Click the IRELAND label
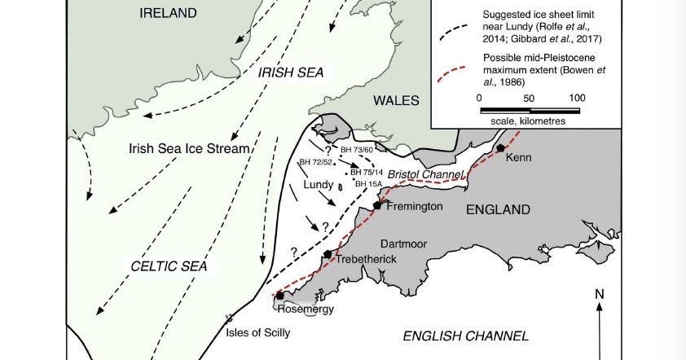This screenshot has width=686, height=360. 168,12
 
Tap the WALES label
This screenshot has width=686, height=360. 396,100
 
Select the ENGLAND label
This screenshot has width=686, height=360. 498,209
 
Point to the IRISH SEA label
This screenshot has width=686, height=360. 291,72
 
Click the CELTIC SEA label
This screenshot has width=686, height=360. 169,266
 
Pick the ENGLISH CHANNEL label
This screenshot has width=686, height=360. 466,335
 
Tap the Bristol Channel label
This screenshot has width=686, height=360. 424,174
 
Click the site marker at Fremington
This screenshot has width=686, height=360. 377,205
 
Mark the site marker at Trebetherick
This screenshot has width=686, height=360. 328,254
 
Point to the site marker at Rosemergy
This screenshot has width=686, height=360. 279,295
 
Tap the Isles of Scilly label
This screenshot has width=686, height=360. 257,332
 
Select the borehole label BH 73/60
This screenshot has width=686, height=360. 356,150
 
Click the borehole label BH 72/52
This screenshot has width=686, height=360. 315,162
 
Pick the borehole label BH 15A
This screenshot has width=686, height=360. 368,184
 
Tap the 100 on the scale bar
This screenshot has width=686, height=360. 577,98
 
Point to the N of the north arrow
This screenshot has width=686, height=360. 599,294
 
